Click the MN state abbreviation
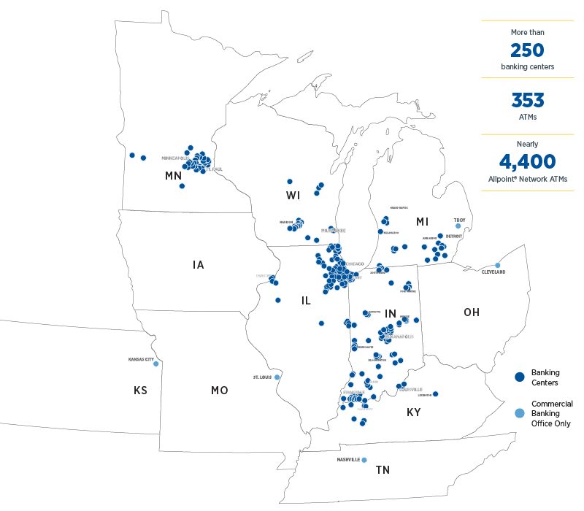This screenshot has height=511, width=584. click(x=173, y=176)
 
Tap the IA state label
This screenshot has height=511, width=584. click(x=199, y=265)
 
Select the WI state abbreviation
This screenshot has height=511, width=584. click(x=293, y=195)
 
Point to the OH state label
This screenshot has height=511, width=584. click(x=472, y=312)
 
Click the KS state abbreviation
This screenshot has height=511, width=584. click(x=140, y=391)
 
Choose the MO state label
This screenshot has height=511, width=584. click(x=219, y=391)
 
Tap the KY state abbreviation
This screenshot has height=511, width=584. click(x=413, y=412)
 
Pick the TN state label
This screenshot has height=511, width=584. click(x=383, y=470)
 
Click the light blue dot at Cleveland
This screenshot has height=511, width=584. click(x=497, y=265)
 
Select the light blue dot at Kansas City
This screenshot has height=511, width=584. click(x=155, y=364)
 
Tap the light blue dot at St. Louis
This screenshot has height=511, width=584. click(x=277, y=377)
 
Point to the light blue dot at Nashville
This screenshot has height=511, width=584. click(x=364, y=460)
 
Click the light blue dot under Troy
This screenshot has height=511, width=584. click(x=458, y=226)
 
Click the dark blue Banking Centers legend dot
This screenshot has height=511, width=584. click(x=520, y=377)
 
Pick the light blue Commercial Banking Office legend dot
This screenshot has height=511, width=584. click(x=520, y=413)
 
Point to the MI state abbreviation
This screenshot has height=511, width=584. click(x=422, y=221)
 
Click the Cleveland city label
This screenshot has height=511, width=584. click(x=493, y=272)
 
